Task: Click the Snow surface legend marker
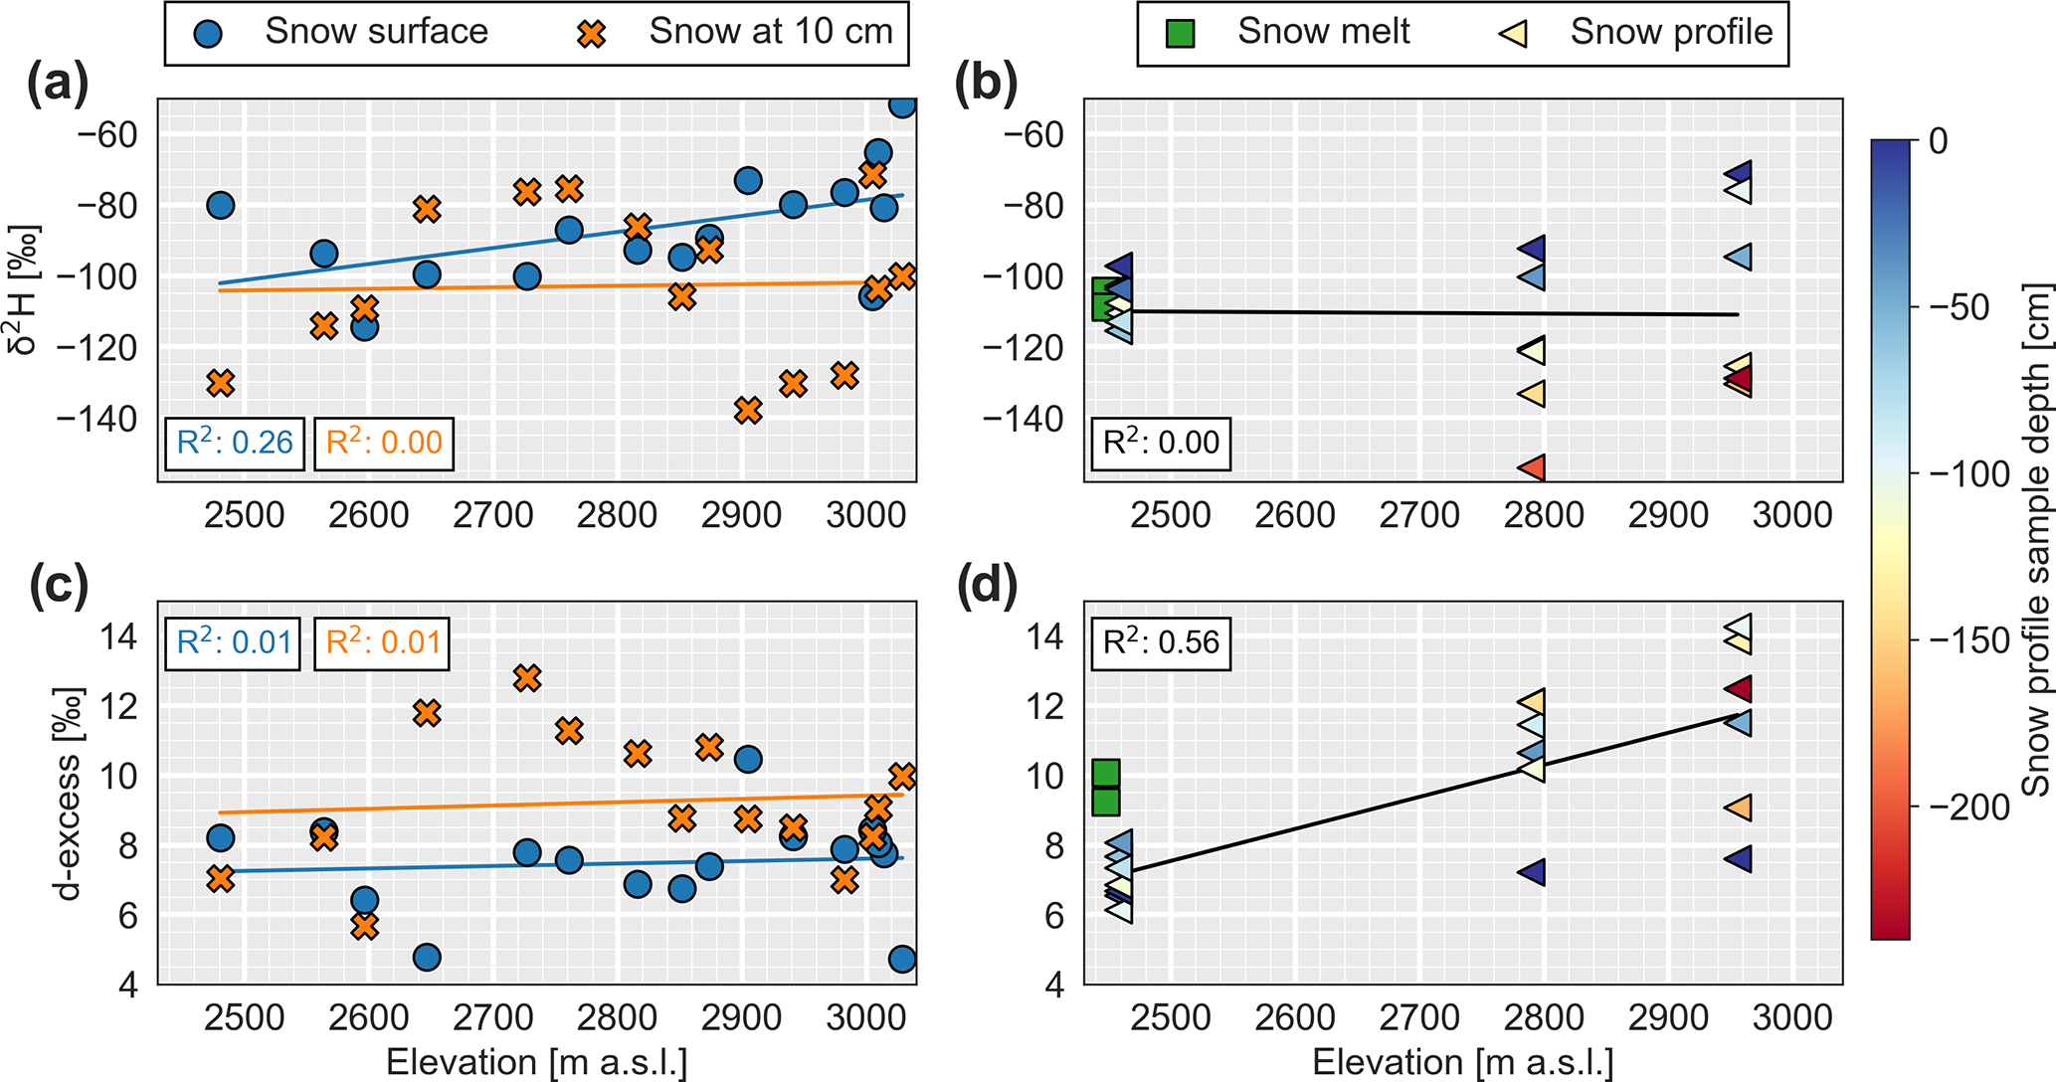(209, 33)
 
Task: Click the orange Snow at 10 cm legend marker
(592, 33)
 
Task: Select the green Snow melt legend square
(1180, 33)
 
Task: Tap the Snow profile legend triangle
(1513, 33)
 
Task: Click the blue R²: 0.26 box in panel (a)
(234, 442)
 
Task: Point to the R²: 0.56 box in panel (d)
(1160, 641)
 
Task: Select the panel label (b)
(986, 84)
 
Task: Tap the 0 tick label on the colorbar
(1938, 141)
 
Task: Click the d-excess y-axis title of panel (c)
(68, 793)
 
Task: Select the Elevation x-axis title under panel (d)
(1462, 1062)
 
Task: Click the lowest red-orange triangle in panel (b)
(1531, 467)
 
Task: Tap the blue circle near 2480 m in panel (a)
(221, 206)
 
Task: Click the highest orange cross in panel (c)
(526, 678)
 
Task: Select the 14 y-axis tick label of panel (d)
(1045, 635)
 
